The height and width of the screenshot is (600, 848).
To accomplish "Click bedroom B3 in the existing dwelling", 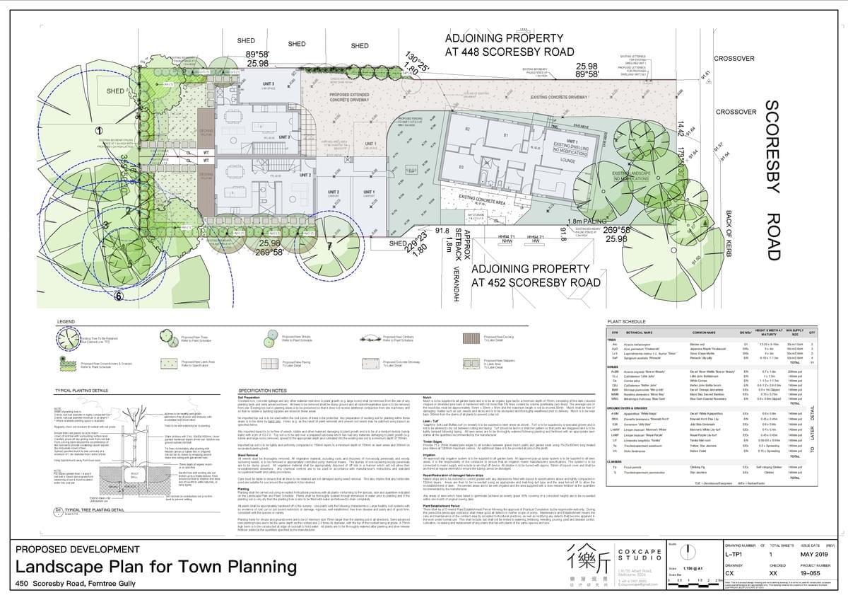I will [x=461, y=167].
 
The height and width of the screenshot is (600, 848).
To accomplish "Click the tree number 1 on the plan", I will [x=100, y=130].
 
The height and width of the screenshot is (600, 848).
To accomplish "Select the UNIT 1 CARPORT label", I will [x=368, y=194].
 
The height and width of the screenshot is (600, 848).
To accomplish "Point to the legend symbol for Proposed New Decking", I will [x=471, y=339].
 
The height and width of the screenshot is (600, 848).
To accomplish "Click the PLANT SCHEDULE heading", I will [x=623, y=322].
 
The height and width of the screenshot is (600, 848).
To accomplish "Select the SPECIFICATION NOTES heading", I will [x=263, y=391].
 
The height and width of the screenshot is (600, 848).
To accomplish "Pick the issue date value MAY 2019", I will [x=811, y=553].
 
